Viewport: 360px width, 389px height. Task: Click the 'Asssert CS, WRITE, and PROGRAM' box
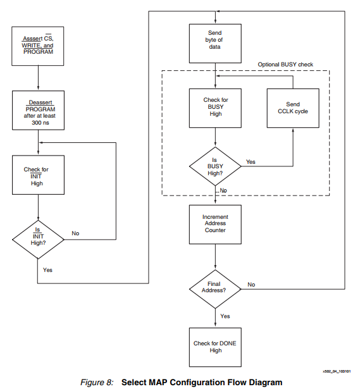[x=39, y=45]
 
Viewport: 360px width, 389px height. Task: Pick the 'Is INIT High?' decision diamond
[x=39, y=238]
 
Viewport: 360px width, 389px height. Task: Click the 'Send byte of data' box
[x=216, y=42]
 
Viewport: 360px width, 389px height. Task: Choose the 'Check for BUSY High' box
[x=216, y=107]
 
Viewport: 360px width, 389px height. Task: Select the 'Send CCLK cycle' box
[x=292, y=107]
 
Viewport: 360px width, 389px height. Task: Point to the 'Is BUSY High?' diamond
[x=216, y=166]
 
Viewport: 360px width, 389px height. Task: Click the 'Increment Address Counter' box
[x=216, y=225]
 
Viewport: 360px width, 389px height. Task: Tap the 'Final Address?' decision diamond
[x=216, y=288]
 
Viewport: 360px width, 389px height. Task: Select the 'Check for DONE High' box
[x=216, y=347]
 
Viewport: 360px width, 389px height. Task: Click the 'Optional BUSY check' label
[x=285, y=65]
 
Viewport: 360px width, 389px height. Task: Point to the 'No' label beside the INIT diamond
[x=75, y=233]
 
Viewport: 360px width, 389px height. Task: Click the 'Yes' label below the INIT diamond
[x=47, y=269]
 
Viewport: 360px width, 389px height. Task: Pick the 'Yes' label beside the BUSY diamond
[x=251, y=162]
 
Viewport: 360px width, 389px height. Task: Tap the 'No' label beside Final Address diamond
[x=251, y=284]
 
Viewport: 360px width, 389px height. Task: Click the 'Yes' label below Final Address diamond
[x=225, y=316]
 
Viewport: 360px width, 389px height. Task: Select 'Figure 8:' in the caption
[x=96, y=382]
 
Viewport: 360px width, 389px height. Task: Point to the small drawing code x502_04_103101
[x=336, y=372]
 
